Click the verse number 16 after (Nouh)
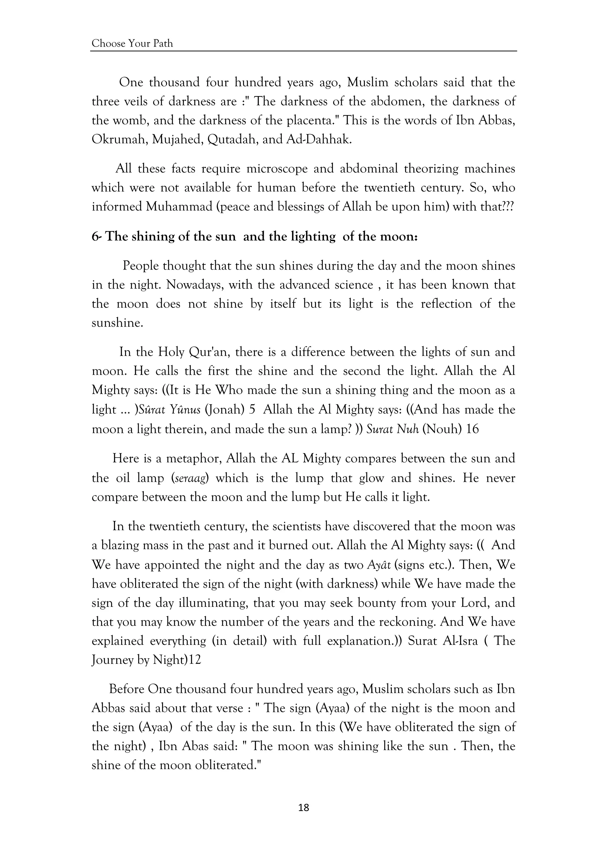(472, 429)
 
